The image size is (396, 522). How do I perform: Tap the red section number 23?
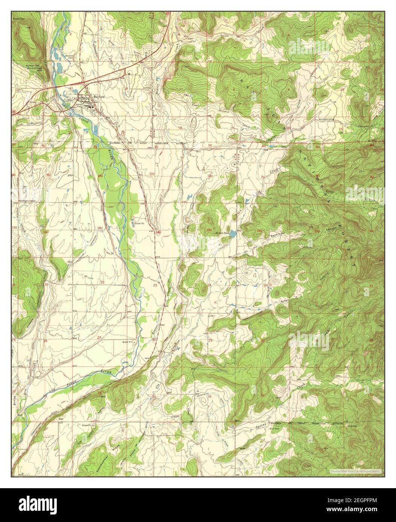tap(155, 286)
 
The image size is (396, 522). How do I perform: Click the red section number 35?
tap(153, 397)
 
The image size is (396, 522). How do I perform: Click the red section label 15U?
tap(100, 228)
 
